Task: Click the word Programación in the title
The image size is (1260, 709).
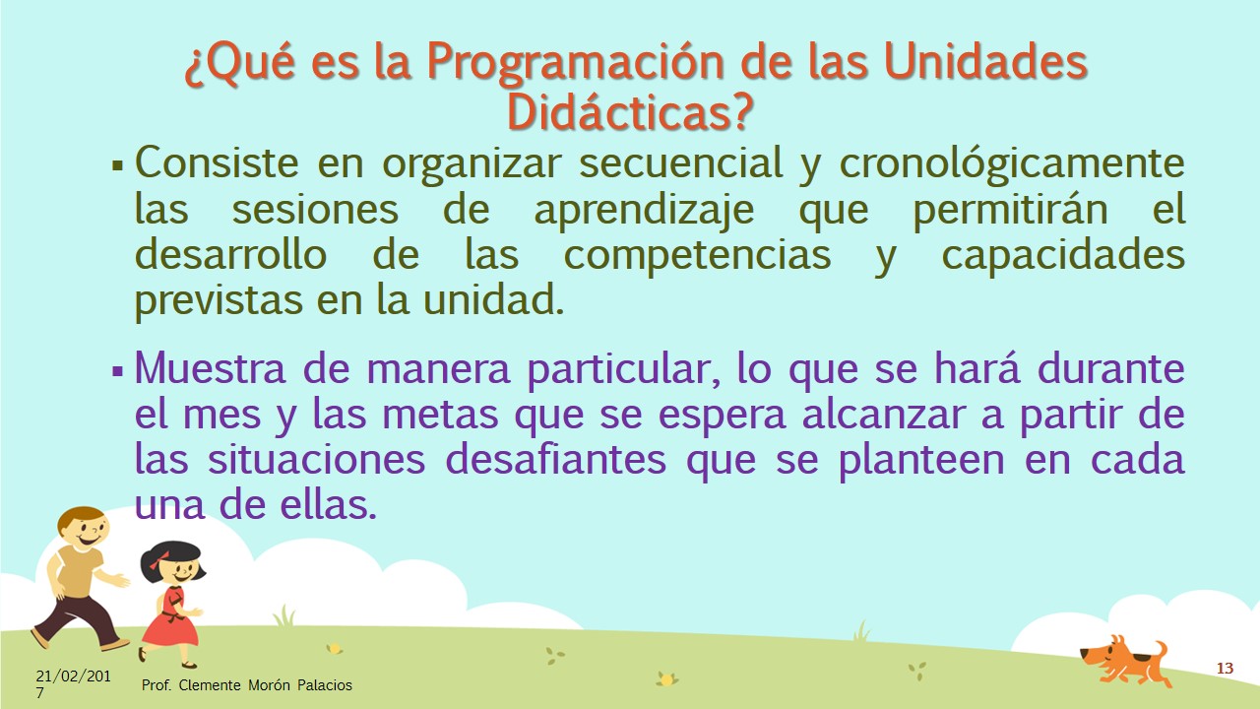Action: point(576,64)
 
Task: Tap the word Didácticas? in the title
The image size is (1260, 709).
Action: point(630,111)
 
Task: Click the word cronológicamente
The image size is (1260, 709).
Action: point(1012,164)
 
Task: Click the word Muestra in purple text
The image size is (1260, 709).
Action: point(210,368)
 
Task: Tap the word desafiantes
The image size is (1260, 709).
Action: point(556,460)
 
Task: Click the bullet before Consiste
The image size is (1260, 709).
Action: point(117,166)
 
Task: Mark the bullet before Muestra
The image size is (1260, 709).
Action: point(117,371)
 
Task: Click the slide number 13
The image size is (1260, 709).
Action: point(1225,668)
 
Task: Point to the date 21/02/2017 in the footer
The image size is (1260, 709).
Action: point(73,683)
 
